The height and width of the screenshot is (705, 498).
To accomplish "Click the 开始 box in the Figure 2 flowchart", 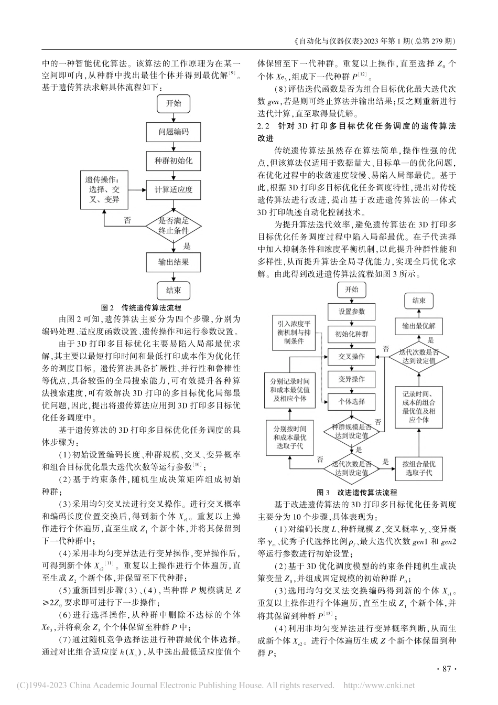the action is (174, 104).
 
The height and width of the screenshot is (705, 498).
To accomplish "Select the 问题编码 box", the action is (174, 132).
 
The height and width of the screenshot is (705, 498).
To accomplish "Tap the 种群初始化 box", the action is (174, 161).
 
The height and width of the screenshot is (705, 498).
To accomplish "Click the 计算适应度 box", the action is (174, 189).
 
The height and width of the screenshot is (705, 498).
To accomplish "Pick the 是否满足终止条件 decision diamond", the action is (174, 226).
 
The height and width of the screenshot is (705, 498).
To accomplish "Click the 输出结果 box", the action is (174, 261).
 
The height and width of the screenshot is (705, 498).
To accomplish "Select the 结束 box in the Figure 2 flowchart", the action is (174, 290).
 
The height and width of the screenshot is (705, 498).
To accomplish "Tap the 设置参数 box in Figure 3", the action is (352, 312).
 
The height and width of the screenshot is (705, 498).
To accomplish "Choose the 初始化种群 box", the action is (352, 334).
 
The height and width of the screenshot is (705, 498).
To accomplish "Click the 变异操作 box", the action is (352, 379).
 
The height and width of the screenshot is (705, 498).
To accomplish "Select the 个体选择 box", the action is (352, 401).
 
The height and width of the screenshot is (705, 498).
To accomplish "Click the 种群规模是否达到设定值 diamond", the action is (352, 432).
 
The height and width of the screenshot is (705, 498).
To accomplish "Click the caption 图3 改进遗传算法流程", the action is (357, 493).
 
